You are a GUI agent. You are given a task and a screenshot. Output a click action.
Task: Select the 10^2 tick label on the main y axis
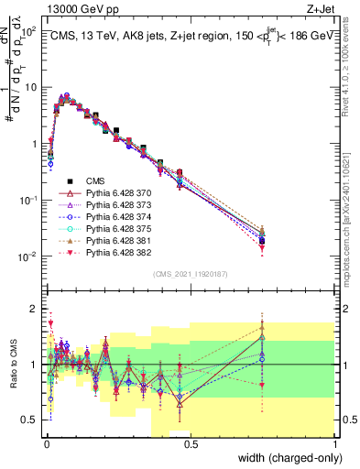point(27,32)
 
